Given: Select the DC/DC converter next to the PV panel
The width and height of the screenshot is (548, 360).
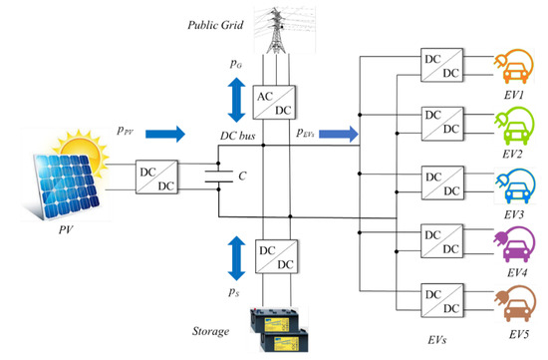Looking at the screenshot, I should click(160, 177).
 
